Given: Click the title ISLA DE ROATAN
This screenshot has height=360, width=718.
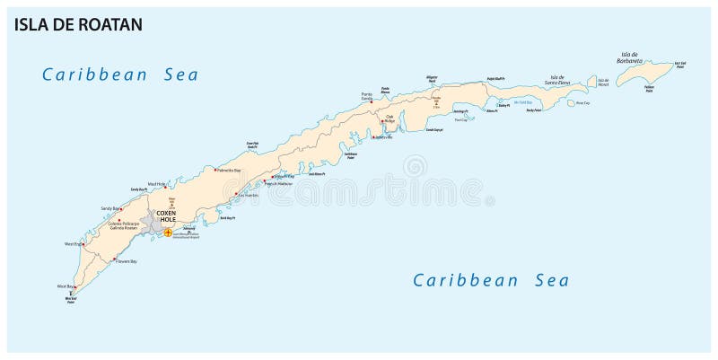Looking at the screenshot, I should coord(77,24).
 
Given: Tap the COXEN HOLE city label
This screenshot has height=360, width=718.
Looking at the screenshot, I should coord(167,216).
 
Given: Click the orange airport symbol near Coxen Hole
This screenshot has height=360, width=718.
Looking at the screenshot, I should coord(167,233).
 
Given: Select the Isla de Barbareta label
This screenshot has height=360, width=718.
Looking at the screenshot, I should coord(629,59).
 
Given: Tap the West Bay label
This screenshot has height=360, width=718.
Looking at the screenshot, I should coord(66,286).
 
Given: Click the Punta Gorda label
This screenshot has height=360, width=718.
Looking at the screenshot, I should coord(366,96).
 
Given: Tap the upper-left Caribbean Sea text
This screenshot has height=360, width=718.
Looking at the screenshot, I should coord(120,75).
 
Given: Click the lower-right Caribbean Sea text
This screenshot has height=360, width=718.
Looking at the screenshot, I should coord(490,280).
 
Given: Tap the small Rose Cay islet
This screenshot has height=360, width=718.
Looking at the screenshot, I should coord(571,102).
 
